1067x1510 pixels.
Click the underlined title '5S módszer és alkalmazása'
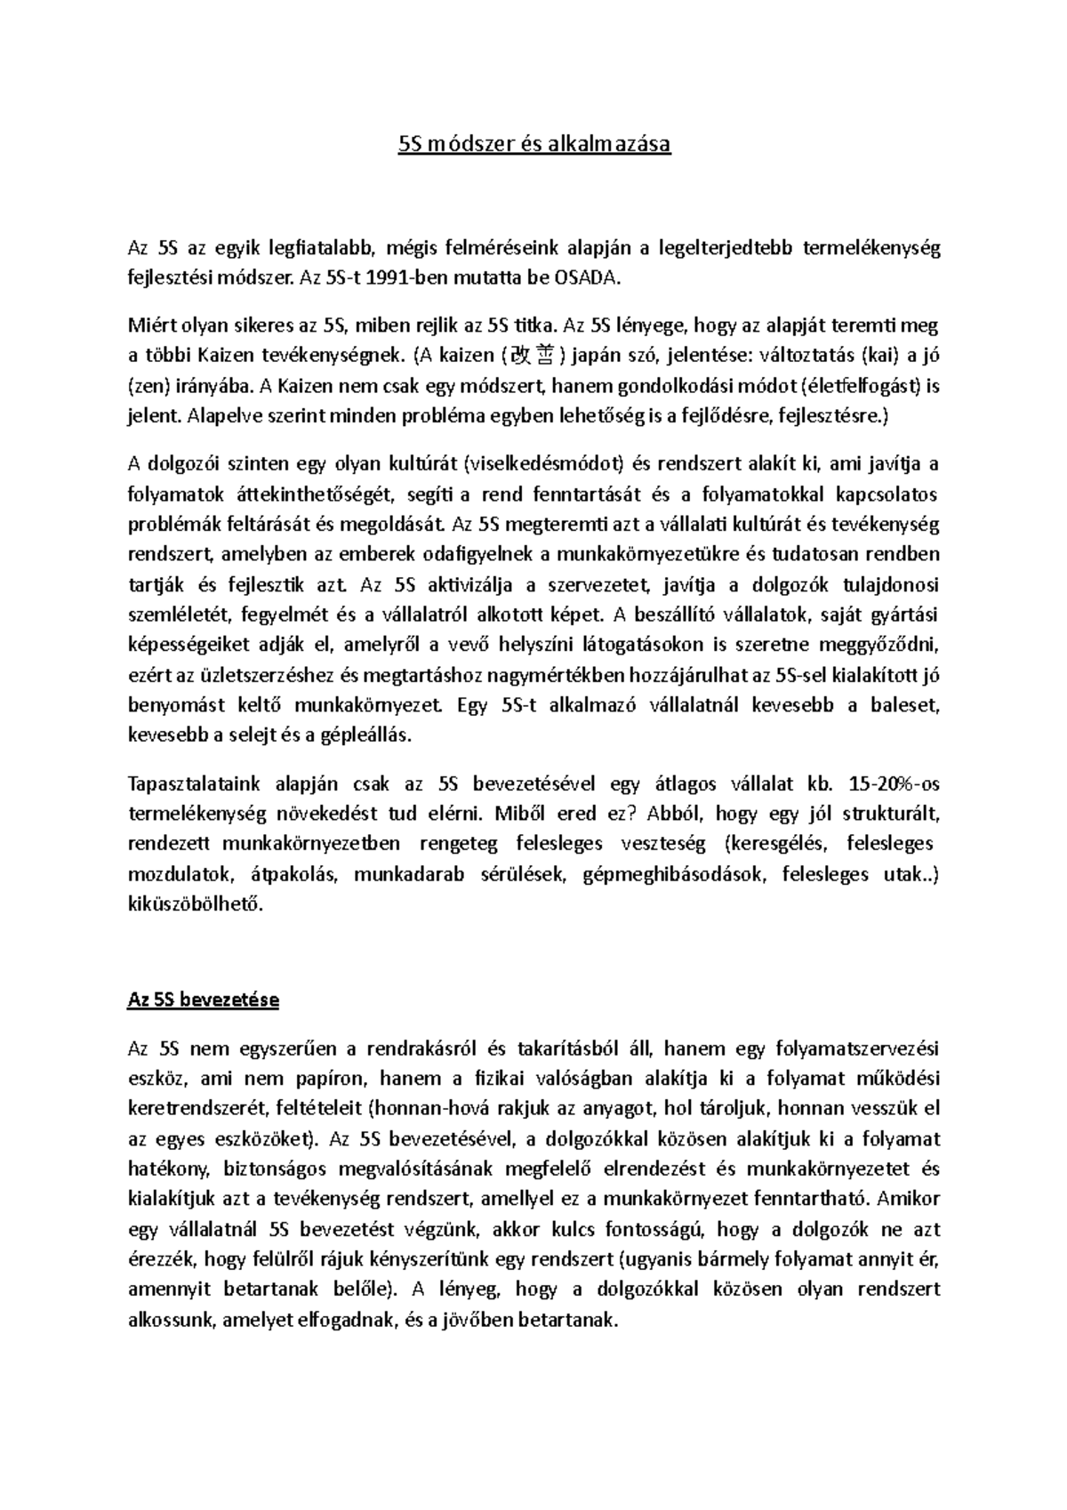coord(533,144)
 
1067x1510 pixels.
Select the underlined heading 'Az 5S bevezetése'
coord(204,1000)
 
